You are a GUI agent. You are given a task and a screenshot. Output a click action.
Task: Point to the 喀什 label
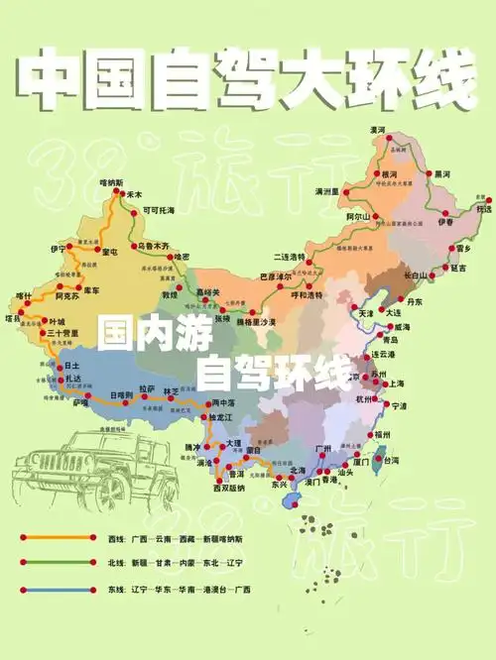click(x=25, y=295)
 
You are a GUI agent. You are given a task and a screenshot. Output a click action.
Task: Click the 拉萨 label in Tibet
click(x=147, y=388)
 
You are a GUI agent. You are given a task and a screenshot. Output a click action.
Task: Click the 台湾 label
click(x=391, y=460)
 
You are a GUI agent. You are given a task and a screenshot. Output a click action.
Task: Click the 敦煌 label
click(x=170, y=294)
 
